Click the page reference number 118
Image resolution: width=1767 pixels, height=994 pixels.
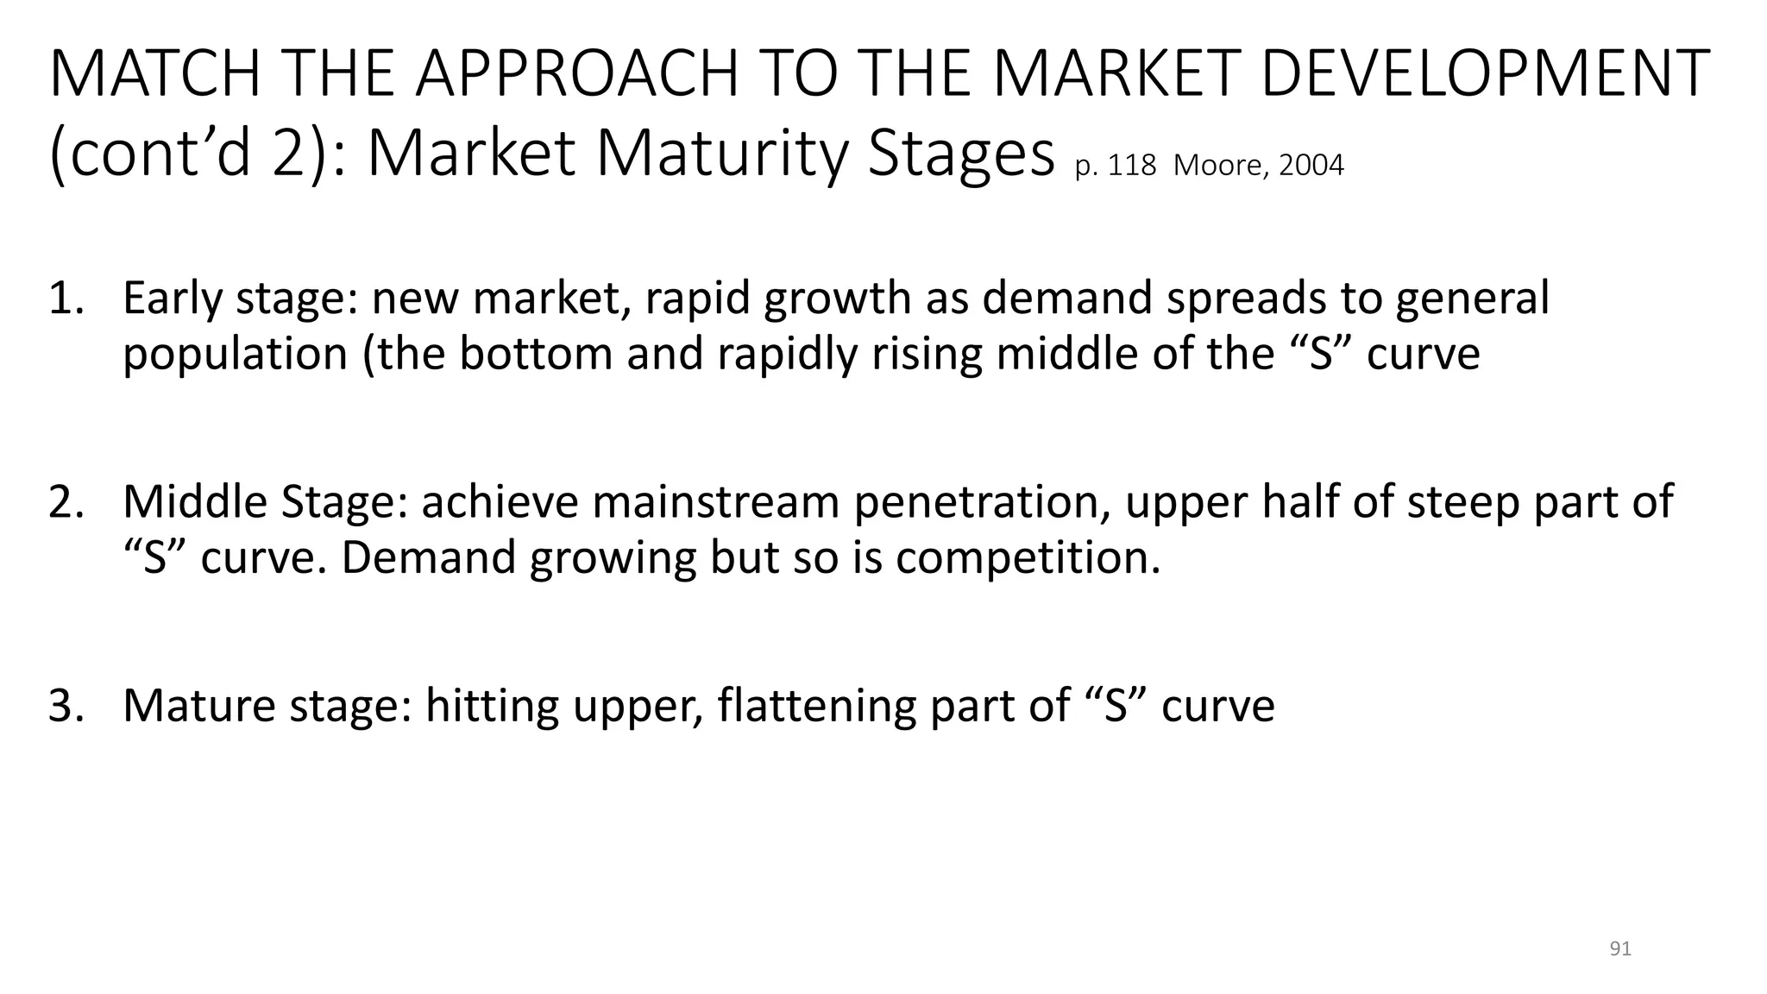(1132, 165)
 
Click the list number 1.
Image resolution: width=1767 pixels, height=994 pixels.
(66, 299)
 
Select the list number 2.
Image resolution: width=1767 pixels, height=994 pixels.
(66, 502)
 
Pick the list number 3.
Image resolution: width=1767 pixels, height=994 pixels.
(66, 706)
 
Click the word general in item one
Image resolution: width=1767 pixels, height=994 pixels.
(1472, 299)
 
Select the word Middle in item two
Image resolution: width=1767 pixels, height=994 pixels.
(195, 502)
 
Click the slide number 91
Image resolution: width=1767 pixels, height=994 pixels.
(1620, 949)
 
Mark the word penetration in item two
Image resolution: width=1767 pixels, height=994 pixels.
(981, 502)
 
